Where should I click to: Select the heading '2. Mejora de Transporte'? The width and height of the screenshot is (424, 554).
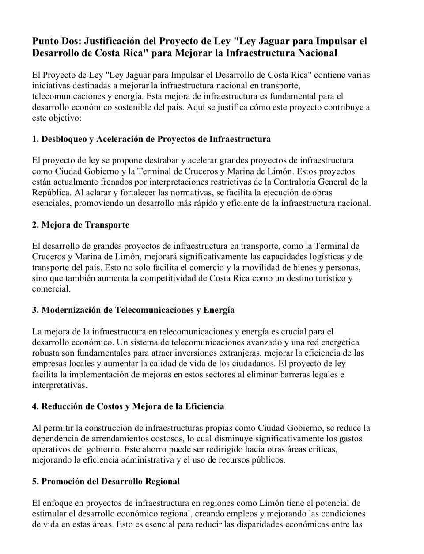(x=80, y=225)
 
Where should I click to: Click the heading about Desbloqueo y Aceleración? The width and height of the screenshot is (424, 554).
(x=151, y=139)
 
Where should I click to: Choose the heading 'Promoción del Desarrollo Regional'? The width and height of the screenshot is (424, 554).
(x=106, y=482)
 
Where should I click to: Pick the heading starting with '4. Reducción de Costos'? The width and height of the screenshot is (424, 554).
(x=128, y=406)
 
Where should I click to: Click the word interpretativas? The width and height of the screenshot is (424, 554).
(x=59, y=385)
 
